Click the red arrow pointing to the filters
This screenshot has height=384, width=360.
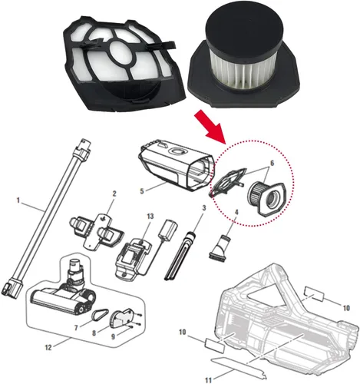click(210, 124)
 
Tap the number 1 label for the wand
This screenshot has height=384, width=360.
click(18, 200)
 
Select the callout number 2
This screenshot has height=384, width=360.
click(114, 194)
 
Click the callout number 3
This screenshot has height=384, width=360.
click(203, 207)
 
